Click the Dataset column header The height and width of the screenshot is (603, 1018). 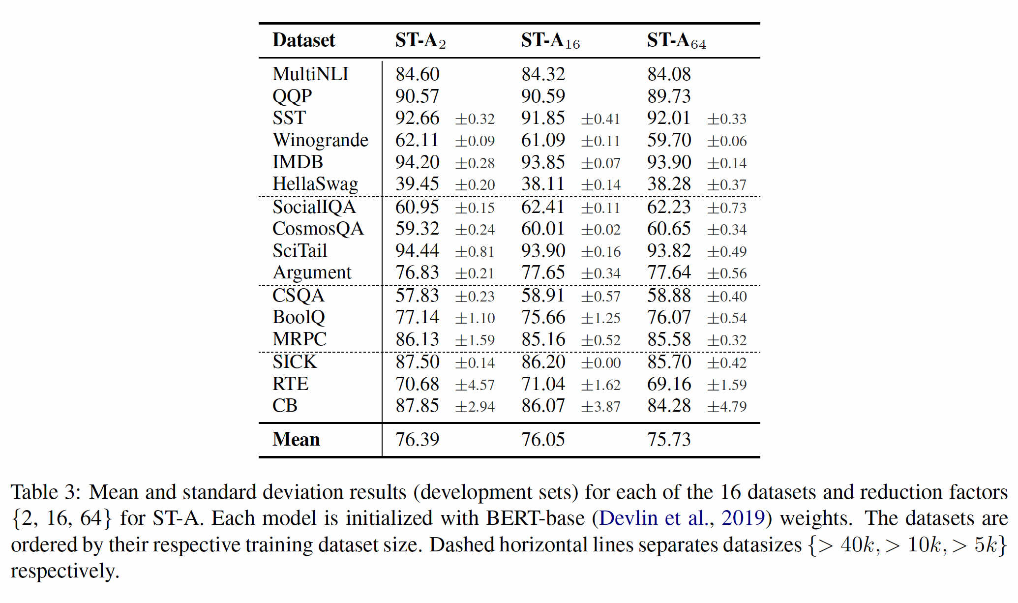coord(303,40)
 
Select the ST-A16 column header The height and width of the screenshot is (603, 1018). coord(550,40)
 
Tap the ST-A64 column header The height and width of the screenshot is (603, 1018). coord(676,40)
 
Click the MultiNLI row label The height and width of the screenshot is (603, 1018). coord(310,74)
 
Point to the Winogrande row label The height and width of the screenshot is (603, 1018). coord(320,140)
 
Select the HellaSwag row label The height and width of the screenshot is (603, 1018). coord(315,184)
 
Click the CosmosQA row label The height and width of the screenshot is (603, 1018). coord(318,229)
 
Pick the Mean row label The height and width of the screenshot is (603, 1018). coord(296,439)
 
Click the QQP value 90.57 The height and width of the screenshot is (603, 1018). coord(417,96)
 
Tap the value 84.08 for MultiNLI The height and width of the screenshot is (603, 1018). coord(669,74)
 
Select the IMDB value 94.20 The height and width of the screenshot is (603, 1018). coord(417,162)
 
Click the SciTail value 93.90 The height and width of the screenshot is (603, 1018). coord(543,251)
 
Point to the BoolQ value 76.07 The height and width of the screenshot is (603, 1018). coord(669,317)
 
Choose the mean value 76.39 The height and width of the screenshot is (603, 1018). coord(417,439)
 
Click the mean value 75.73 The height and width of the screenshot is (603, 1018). coord(669,439)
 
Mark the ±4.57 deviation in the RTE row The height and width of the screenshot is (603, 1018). coord(475,385)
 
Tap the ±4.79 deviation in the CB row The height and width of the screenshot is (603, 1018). coord(726,407)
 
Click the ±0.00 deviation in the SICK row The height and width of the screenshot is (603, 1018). coord(600,363)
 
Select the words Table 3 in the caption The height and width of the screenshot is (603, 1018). coord(44,492)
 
